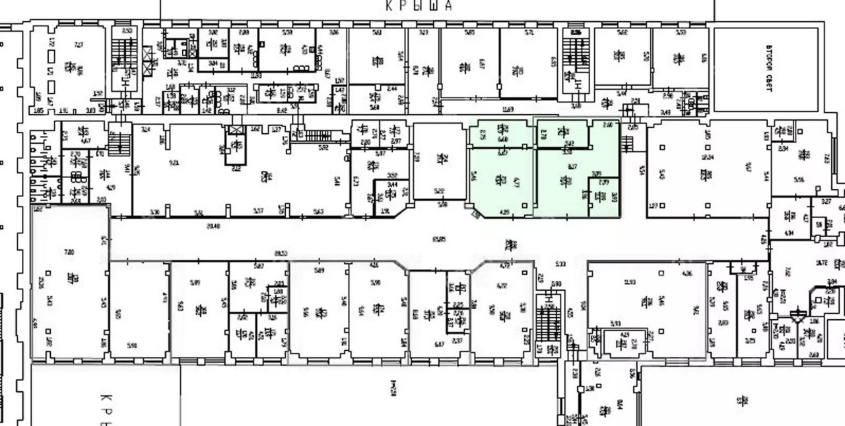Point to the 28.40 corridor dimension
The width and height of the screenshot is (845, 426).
pyautogui.click(x=213, y=226)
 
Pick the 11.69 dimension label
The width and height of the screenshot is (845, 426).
pyautogui.click(x=508, y=109)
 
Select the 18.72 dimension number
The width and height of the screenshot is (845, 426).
pyautogui.click(x=821, y=262)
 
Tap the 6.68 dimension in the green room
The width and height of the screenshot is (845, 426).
pyautogui.click(x=502, y=138)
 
